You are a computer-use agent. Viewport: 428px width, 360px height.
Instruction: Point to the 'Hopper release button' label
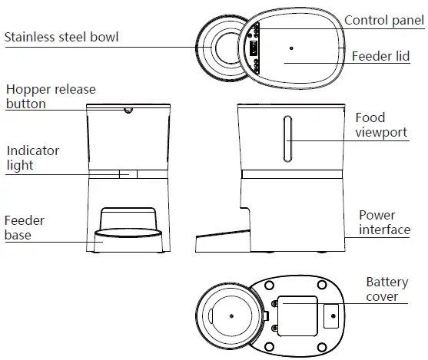51,97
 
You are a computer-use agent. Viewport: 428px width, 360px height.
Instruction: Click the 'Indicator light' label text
32,158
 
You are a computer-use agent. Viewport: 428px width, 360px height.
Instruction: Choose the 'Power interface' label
384,223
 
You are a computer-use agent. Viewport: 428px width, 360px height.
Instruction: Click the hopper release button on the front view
128,111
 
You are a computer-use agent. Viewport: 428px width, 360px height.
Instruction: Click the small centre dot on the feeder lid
291,48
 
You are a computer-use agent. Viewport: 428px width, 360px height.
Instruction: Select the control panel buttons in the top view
253,47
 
